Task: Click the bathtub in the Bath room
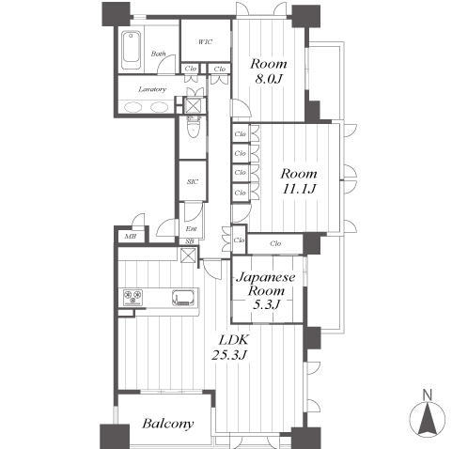tap(131, 50)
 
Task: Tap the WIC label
tap(206, 41)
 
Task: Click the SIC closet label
tap(193, 181)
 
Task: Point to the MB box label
tap(131, 237)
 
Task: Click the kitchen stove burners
tap(133, 297)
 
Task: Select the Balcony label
tap(168, 424)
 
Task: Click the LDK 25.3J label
tap(230, 348)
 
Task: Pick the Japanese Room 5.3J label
tap(266, 290)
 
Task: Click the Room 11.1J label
tap(299, 181)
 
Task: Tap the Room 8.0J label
tap(269, 71)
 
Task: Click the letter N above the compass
tap(427, 395)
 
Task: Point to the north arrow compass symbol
tap(428, 419)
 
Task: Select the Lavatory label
tap(152, 89)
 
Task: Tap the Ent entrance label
tap(191, 229)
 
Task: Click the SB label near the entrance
tap(190, 241)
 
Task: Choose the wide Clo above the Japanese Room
tap(275, 243)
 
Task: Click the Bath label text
tap(158, 54)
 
